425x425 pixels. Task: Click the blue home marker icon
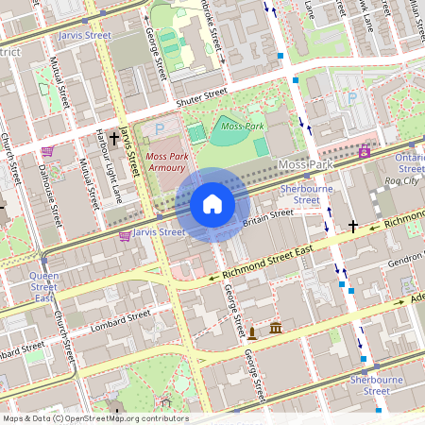tap(212, 204)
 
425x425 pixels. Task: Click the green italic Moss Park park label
tap(241, 126)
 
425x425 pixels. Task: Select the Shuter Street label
tap(201, 95)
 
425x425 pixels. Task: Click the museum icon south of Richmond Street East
tap(276, 328)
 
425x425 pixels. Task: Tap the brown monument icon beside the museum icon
tap(252, 332)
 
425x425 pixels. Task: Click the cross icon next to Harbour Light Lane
tap(114, 139)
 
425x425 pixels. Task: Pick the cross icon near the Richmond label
tap(354, 226)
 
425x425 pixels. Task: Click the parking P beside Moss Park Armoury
tap(159, 127)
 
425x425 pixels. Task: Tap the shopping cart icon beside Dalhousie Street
tap(46, 151)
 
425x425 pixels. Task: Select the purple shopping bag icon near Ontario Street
tap(365, 151)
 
